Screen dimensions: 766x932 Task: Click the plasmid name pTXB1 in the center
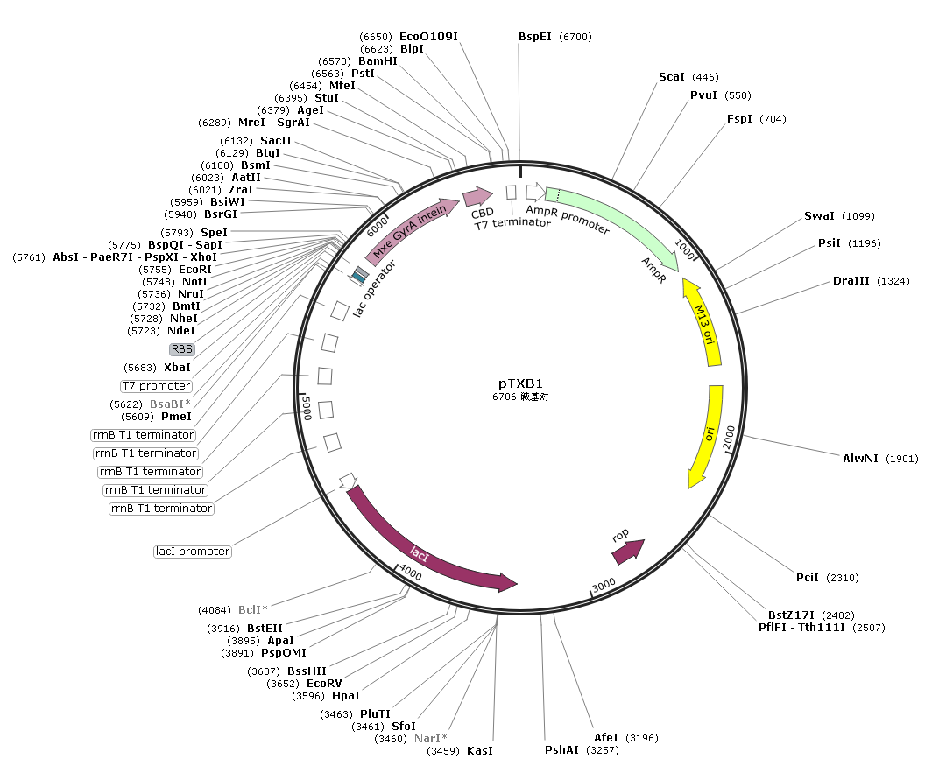point(520,383)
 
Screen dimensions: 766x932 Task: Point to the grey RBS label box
point(182,348)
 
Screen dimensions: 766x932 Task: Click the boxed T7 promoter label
point(156,386)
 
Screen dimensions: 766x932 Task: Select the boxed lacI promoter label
point(192,552)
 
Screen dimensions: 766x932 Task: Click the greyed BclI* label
point(252,609)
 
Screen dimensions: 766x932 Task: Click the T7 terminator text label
point(512,224)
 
